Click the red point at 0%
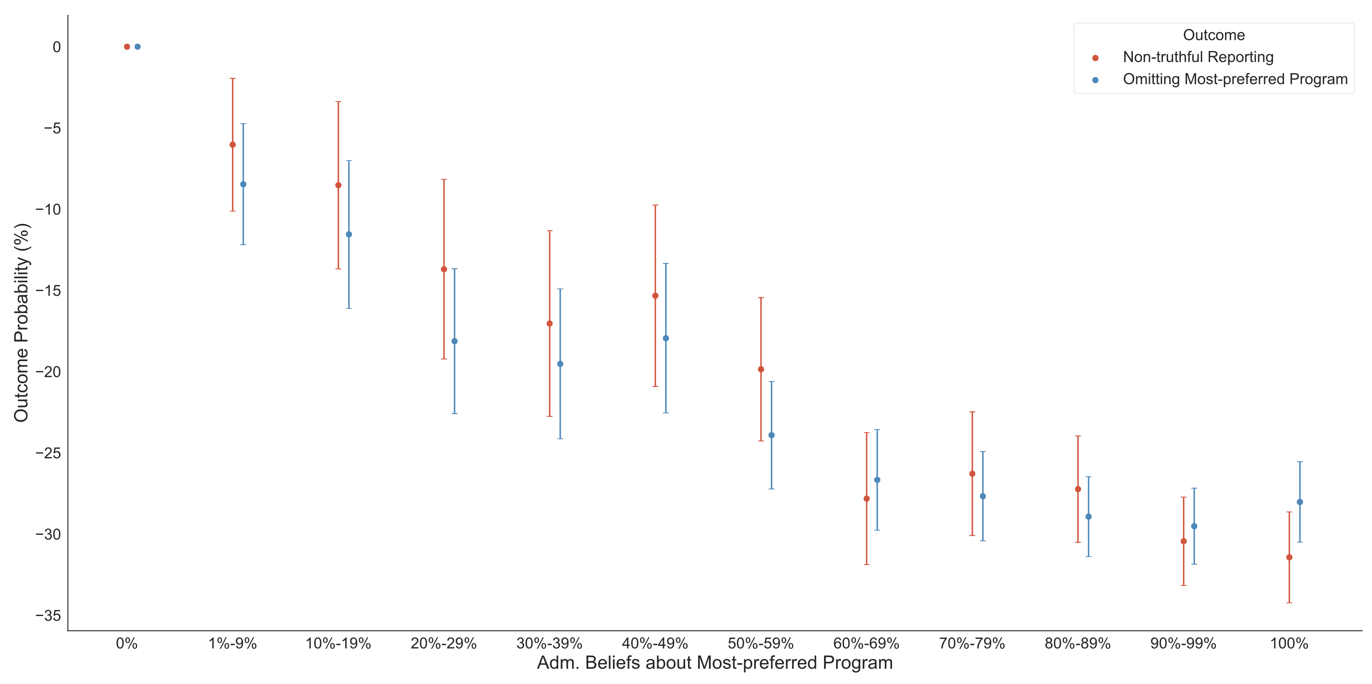[x=127, y=47]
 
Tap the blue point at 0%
[x=138, y=47]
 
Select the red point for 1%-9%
[x=232, y=145]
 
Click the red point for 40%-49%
[x=655, y=296]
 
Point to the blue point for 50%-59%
[x=771, y=435]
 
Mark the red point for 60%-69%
[x=867, y=499]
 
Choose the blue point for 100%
[x=1299, y=502]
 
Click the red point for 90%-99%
[x=1183, y=541]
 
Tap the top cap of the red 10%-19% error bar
[x=338, y=102]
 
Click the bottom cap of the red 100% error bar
[x=1289, y=602]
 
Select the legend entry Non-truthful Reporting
[x=1198, y=57]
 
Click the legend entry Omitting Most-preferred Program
[x=1234, y=79]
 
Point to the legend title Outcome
[x=1214, y=35]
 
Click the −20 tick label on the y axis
[x=48, y=372]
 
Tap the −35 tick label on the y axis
[x=48, y=615]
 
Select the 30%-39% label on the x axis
[x=549, y=644]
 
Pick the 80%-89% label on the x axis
[x=1078, y=644]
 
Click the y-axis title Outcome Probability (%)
[x=21, y=322]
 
